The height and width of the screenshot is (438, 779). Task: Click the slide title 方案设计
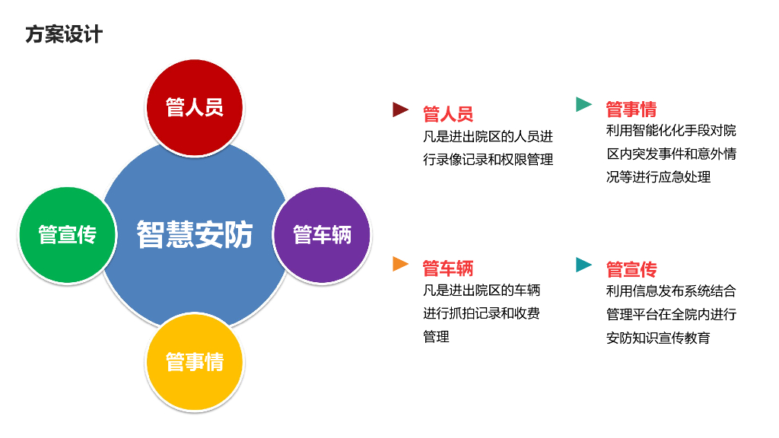63,34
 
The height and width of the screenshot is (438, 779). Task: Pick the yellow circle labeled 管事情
195,361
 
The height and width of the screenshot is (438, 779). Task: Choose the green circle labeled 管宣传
68,234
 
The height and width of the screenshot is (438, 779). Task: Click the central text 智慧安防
195,234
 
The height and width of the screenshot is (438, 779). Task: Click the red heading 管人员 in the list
448,114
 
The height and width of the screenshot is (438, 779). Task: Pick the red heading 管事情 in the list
631,109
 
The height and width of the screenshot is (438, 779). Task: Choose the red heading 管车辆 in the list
448,268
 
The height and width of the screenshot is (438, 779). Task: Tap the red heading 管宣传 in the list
631,269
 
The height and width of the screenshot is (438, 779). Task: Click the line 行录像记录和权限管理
488,160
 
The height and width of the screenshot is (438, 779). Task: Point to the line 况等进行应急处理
658,176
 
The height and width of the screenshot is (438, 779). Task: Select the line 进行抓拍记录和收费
482,313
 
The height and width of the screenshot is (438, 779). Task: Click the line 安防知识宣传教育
658,337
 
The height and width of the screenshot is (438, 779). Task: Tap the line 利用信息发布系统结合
671,290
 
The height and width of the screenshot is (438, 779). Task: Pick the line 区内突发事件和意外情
671,154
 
